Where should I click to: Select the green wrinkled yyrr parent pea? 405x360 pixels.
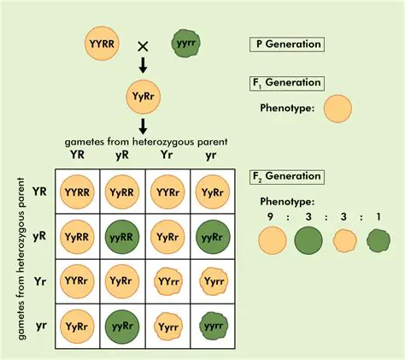point(185,43)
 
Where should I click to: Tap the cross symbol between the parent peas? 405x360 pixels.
point(144,44)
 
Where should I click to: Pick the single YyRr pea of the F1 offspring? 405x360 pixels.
point(143,95)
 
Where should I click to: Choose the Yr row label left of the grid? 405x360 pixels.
point(39,280)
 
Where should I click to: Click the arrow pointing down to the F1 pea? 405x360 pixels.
point(143,68)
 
